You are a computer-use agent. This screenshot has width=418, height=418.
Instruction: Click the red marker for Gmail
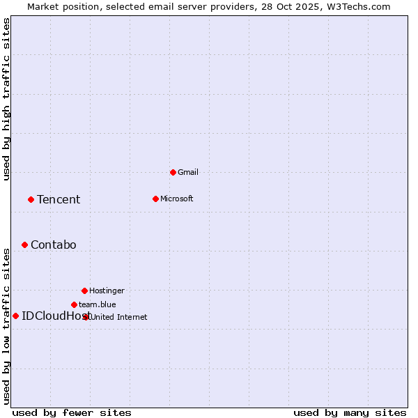[173, 172]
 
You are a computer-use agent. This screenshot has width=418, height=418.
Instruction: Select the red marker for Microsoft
[155, 199]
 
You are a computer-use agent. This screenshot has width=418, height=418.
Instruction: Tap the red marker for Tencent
[31, 199]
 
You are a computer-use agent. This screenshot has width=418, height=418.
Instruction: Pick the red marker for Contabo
[24, 245]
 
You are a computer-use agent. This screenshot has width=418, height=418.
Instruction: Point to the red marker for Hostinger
[84, 291]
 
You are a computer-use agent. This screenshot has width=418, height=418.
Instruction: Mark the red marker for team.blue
[74, 304]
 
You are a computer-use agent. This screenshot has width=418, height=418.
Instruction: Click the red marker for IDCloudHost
[15, 316]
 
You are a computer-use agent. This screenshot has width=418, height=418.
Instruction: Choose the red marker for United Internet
[86, 317]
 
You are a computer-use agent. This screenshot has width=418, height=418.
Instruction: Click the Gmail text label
[188, 172]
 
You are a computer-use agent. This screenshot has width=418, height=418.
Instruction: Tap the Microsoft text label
[176, 199]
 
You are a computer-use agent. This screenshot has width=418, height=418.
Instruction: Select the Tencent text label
[59, 200]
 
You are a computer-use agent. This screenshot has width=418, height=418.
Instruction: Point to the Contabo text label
[54, 245]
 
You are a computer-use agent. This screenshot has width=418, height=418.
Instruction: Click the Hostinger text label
[107, 291]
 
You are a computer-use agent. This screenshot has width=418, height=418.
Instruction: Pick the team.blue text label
[98, 304]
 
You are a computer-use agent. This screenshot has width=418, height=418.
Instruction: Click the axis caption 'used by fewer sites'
[72, 412]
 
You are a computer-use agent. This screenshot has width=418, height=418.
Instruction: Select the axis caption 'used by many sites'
[350, 412]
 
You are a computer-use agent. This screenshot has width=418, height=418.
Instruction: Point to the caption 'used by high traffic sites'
[7, 99]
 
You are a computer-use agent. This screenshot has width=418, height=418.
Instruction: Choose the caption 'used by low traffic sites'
[7, 325]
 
